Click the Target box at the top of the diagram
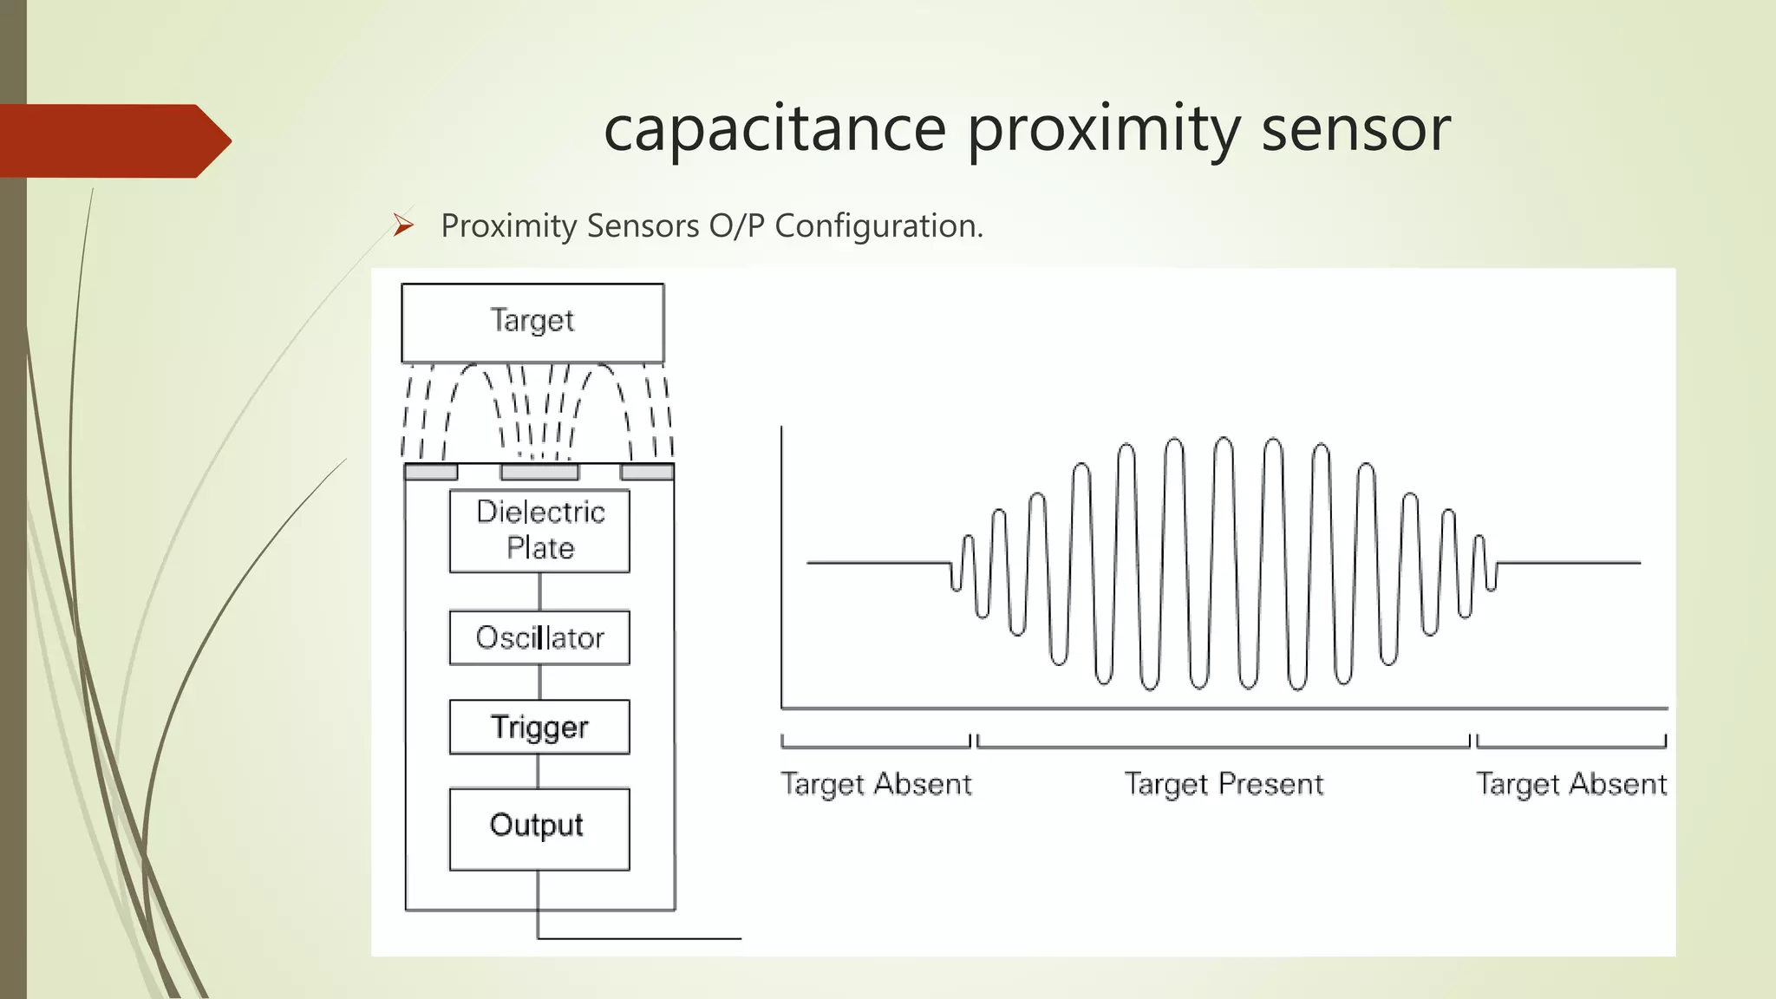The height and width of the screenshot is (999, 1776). point(532,322)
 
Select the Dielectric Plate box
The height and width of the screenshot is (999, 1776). point(539,531)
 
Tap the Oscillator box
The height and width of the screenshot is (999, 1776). point(539,637)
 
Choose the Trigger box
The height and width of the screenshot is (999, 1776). point(539,727)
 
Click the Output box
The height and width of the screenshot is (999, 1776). point(539,828)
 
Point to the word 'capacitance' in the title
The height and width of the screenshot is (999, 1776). point(774,128)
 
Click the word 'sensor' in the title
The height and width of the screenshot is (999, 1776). point(1355,128)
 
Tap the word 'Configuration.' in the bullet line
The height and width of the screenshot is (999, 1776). point(878,226)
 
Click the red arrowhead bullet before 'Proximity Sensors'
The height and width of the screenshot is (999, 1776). point(403,225)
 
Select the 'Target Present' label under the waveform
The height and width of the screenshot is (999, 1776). point(1224,784)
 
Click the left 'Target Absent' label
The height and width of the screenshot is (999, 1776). point(876,784)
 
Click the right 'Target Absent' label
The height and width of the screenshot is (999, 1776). point(1571,784)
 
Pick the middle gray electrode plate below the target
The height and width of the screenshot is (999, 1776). point(539,472)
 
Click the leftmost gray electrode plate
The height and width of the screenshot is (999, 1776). point(431,472)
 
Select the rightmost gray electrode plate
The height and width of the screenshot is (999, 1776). point(647,472)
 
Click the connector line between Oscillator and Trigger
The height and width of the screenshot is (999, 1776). point(539,682)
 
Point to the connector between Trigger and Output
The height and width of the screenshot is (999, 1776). point(539,771)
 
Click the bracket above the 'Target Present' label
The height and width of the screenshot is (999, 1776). point(1224,746)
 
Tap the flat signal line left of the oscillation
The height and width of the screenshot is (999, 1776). point(876,563)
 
